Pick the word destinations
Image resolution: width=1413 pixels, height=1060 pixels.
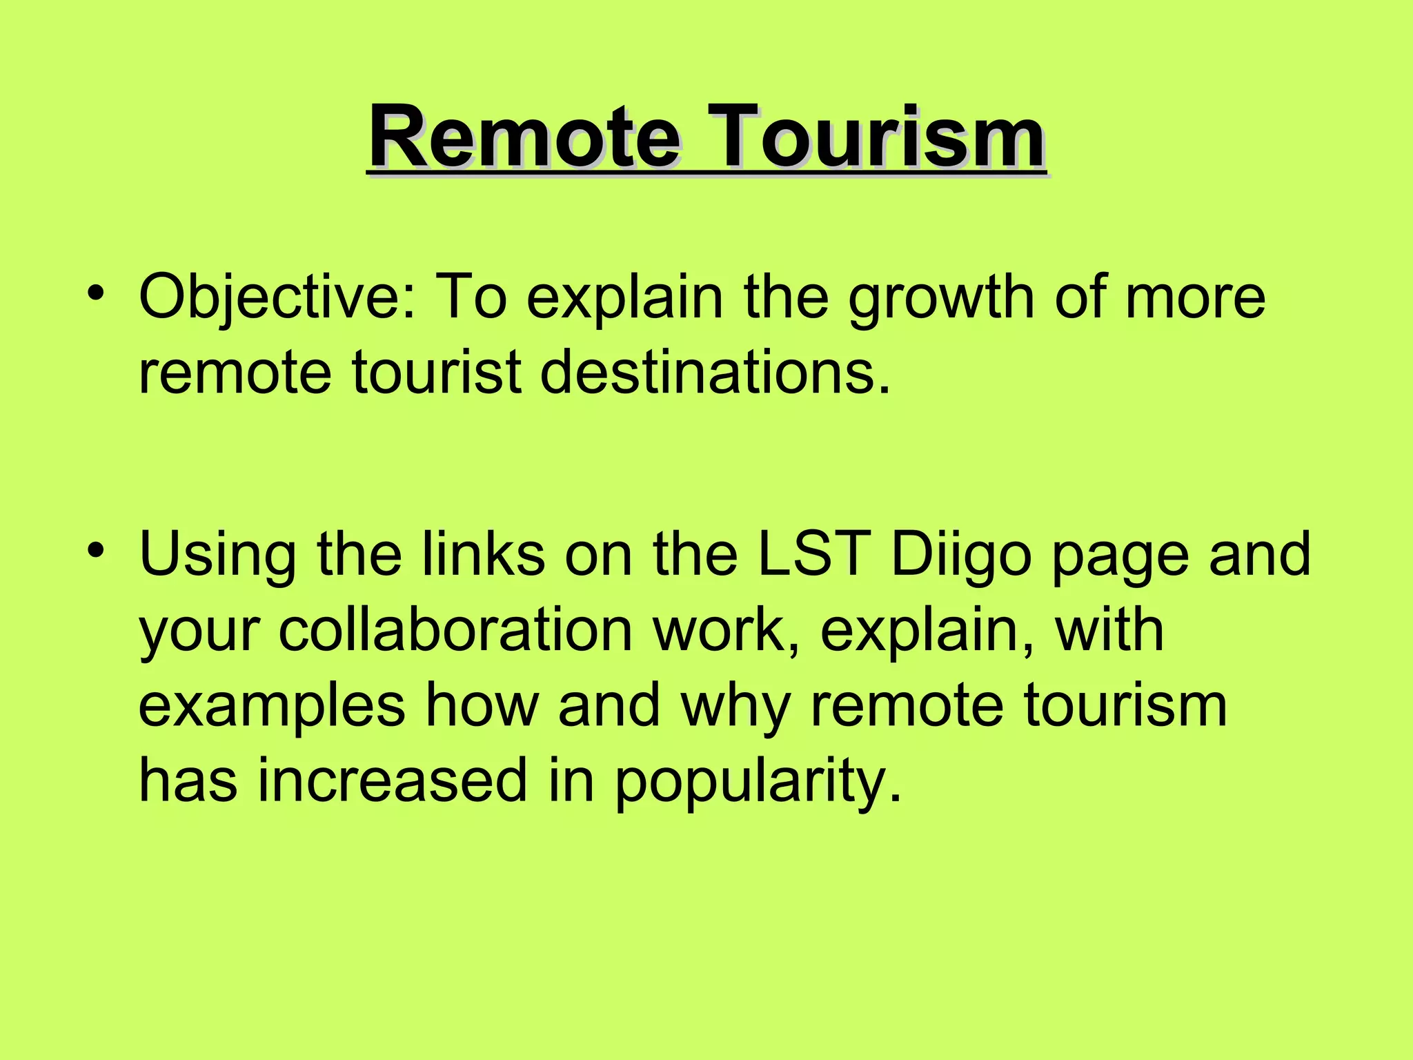click(715, 373)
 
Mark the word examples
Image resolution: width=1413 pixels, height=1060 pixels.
click(272, 707)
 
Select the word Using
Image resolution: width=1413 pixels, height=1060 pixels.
click(218, 556)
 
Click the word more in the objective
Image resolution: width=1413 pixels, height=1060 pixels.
click(1195, 298)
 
